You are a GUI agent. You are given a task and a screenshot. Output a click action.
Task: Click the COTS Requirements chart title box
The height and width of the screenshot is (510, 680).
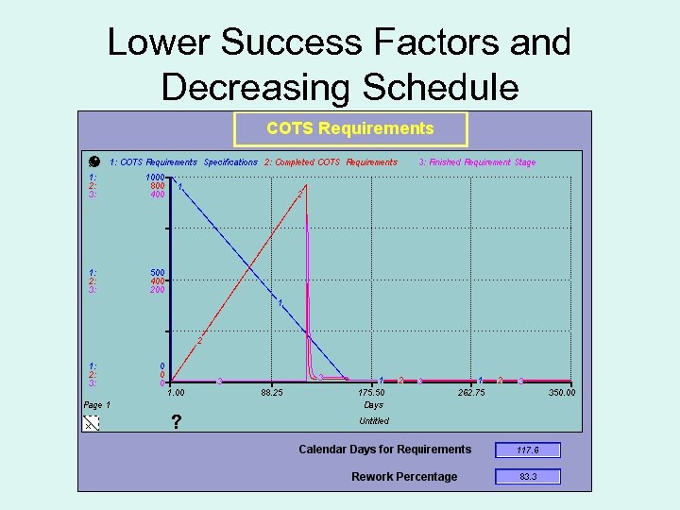click(x=350, y=129)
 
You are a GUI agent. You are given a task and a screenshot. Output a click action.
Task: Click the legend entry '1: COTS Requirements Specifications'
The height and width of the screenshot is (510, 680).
click(x=183, y=162)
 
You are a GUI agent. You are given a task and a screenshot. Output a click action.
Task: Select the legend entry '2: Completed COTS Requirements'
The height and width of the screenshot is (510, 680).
click(x=331, y=162)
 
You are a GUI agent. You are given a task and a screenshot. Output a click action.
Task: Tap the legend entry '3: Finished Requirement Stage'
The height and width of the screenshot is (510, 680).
click(x=477, y=162)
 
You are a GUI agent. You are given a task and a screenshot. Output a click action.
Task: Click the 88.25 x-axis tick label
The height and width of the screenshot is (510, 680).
click(x=271, y=393)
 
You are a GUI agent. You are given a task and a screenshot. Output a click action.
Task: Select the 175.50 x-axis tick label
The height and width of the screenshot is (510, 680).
click(x=371, y=393)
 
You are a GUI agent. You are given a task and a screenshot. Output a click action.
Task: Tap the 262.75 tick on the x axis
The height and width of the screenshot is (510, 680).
click(x=471, y=393)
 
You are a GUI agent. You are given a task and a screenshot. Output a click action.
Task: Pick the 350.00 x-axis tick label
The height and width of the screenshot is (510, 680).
click(x=562, y=393)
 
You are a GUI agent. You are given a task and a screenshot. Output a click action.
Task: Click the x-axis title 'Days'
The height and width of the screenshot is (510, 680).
click(x=373, y=405)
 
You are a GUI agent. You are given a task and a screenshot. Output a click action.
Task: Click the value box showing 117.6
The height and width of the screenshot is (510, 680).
click(x=528, y=450)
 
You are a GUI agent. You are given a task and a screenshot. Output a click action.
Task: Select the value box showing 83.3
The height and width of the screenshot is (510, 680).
click(x=528, y=477)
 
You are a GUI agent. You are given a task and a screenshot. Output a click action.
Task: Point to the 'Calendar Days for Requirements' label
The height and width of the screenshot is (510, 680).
click(x=384, y=450)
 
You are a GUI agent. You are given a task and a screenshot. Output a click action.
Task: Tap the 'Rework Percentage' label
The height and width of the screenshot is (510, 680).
click(x=404, y=477)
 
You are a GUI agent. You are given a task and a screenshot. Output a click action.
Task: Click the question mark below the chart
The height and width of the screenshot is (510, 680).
click(x=177, y=422)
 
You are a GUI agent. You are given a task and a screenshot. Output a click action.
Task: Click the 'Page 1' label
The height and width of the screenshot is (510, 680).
click(x=97, y=405)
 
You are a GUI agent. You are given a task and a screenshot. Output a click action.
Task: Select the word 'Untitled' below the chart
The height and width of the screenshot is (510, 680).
click(x=374, y=421)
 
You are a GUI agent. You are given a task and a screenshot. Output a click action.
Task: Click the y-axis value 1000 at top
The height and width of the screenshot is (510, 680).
click(x=155, y=177)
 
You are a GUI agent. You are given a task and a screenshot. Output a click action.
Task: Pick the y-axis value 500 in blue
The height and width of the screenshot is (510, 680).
click(x=157, y=273)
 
